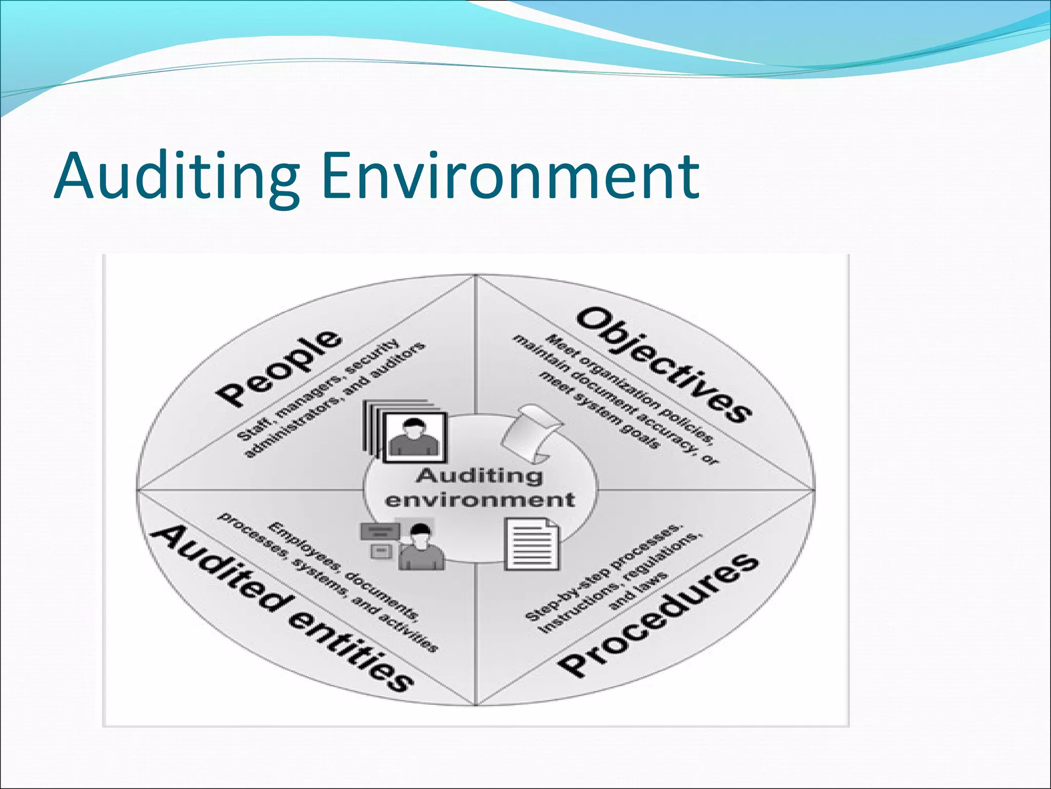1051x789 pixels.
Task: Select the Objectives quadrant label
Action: click(664, 364)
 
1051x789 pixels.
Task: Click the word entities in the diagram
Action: click(351, 650)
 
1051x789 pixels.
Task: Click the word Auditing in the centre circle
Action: click(479, 475)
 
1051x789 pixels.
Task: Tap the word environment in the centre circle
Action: click(479, 499)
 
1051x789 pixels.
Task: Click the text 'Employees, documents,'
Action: click(343, 570)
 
